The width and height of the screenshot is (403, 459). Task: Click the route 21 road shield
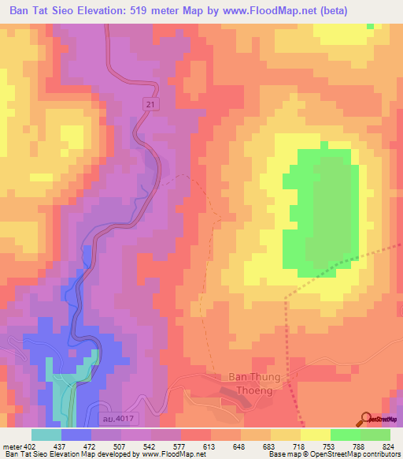(149, 104)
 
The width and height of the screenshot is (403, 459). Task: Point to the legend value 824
(389, 446)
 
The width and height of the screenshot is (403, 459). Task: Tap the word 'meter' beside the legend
(12, 446)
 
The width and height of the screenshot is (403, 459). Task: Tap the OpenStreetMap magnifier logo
(366, 419)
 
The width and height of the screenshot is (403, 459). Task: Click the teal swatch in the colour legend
(46, 435)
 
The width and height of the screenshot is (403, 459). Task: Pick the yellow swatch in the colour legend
(314, 435)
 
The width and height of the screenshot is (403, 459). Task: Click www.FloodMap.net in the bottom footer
(168, 455)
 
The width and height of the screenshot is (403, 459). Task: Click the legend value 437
(59, 446)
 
